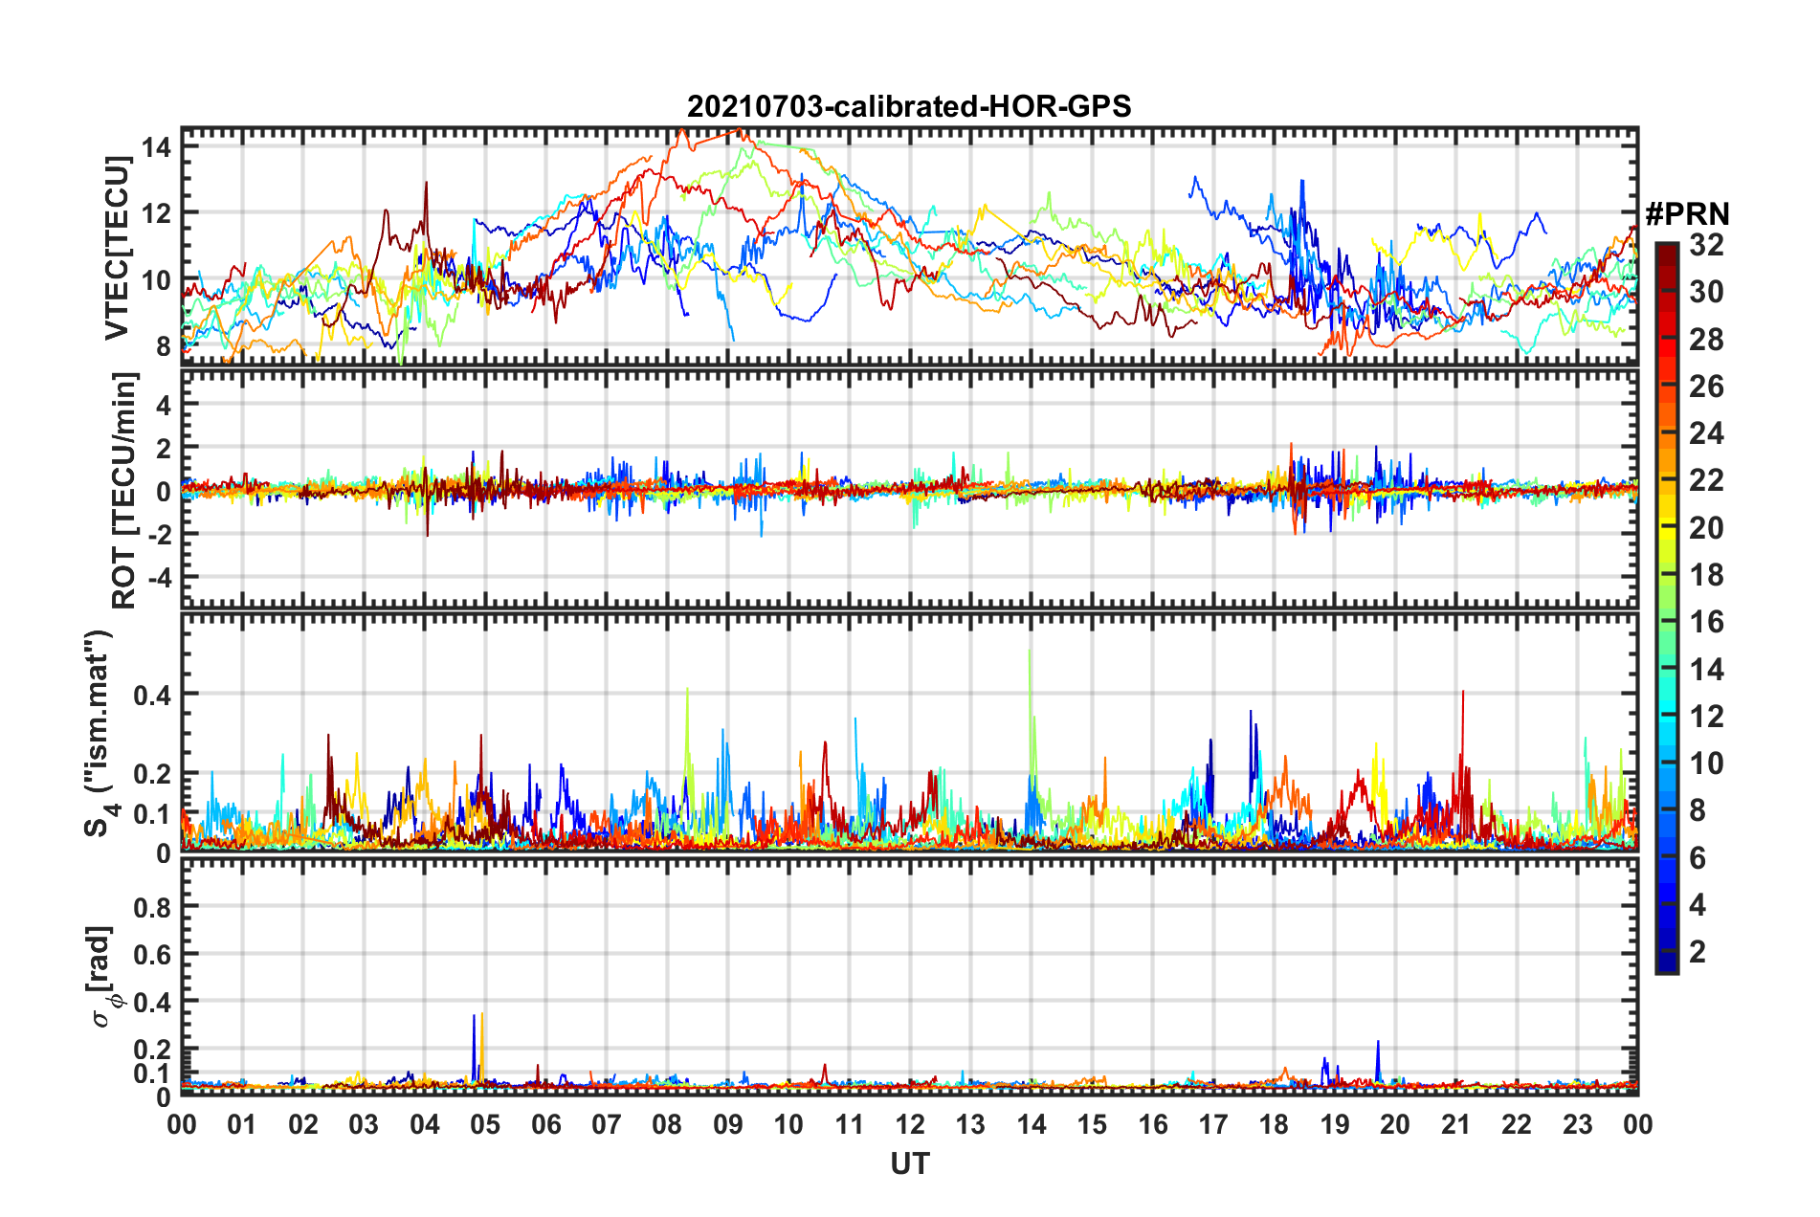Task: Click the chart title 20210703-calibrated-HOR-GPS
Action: [909, 106]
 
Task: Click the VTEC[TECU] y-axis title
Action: [117, 249]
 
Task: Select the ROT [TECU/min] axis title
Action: [124, 491]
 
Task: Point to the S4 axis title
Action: [100, 733]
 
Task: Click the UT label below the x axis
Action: [909, 1163]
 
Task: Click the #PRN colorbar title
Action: [1687, 214]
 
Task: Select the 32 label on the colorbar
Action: [1706, 245]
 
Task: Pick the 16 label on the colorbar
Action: [1706, 622]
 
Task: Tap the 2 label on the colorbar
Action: [1698, 951]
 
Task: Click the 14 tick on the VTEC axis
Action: [156, 147]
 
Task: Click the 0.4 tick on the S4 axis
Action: [152, 695]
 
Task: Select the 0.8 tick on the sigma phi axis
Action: [152, 907]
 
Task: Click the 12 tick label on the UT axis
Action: [909, 1124]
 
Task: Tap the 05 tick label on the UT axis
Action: [485, 1124]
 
